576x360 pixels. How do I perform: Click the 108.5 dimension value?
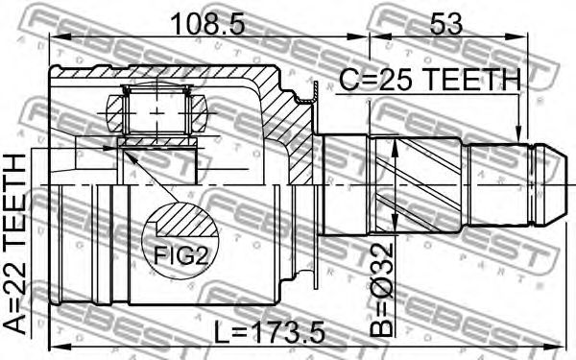(207, 24)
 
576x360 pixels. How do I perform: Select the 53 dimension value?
(446, 24)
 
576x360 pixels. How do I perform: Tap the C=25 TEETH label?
(429, 80)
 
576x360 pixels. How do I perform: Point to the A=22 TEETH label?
(15, 244)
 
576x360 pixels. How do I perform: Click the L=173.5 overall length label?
(270, 332)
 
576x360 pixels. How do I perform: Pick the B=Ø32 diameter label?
(382, 290)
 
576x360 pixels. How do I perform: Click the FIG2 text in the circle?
(180, 255)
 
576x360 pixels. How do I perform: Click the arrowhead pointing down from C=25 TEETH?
(518, 134)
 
